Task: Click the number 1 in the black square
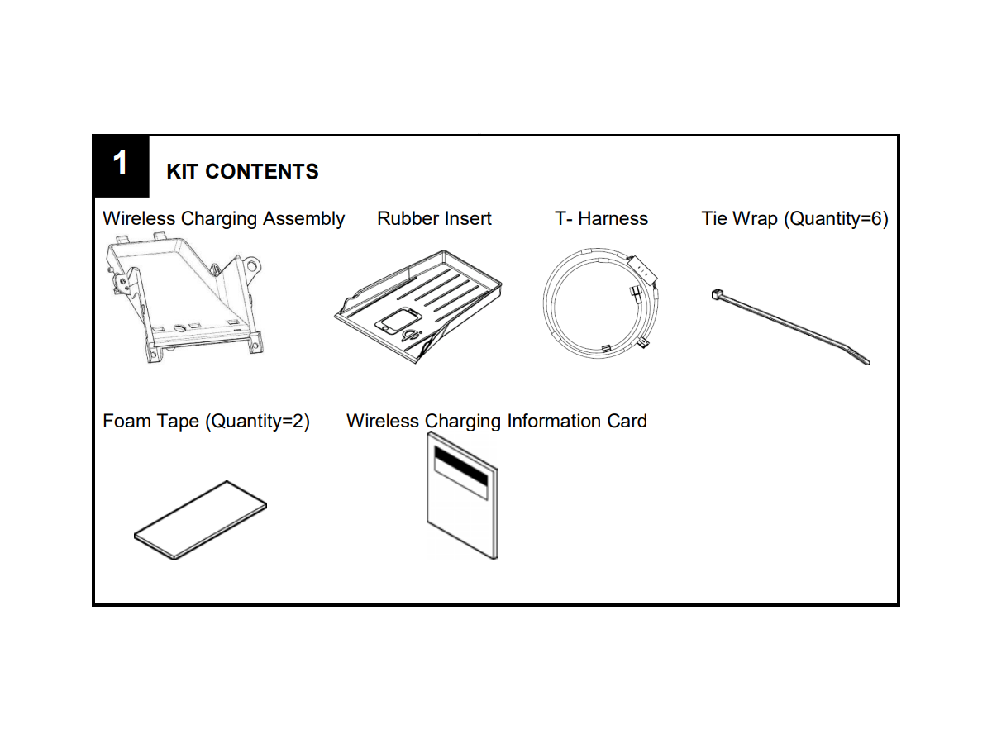point(121,164)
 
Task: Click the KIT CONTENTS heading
point(242,171)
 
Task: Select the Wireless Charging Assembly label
point(223,219)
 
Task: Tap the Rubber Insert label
point(434,219)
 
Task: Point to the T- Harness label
point(601,219)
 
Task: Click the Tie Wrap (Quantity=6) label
point(794,219)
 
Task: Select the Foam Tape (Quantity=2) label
point(206,422)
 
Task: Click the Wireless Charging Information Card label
point(496,422)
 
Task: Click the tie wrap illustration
point(789,327)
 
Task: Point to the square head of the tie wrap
point(716,294)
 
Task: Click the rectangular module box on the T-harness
point(641,266)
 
